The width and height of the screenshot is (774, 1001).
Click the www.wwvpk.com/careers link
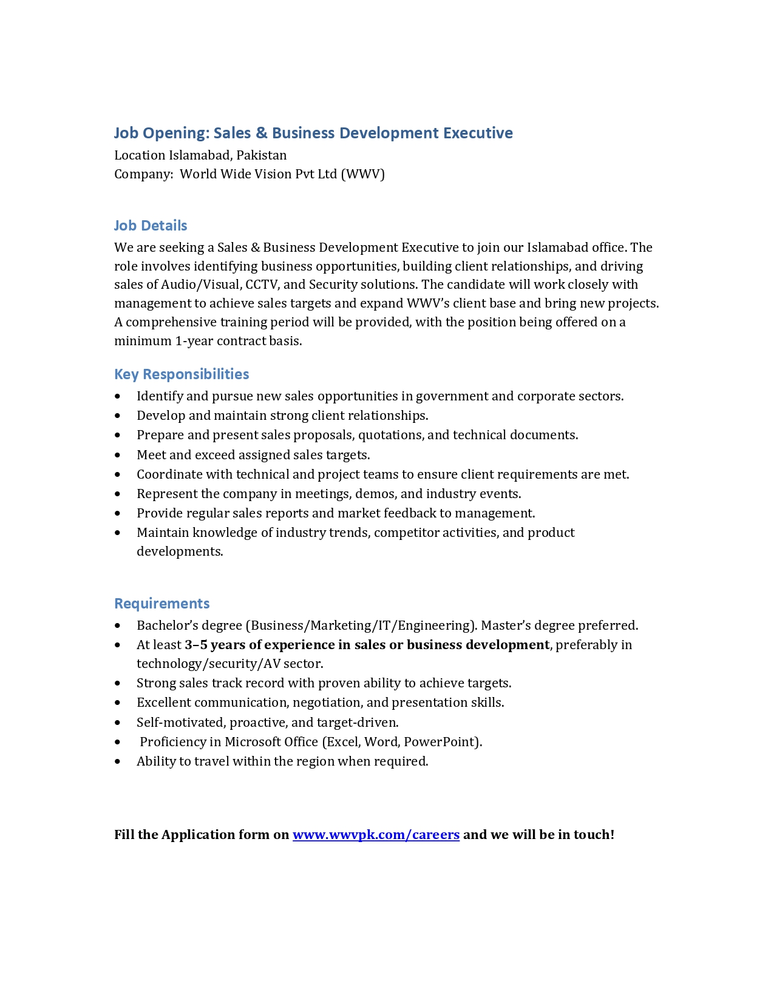tap(376, 835)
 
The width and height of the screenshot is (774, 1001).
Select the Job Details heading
tap(151, 226)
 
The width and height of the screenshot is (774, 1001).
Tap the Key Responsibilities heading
tap(182, 374)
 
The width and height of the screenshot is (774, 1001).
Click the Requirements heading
tap(162, 604)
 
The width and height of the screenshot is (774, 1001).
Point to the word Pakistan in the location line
tap(262, 155)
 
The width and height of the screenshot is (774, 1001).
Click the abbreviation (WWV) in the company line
tap(363, 174)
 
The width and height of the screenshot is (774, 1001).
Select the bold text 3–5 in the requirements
tap(196, 645)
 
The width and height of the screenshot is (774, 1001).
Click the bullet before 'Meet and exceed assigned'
tap(118, 456)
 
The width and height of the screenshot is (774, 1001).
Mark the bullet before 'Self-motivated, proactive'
tap(118, 723)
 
